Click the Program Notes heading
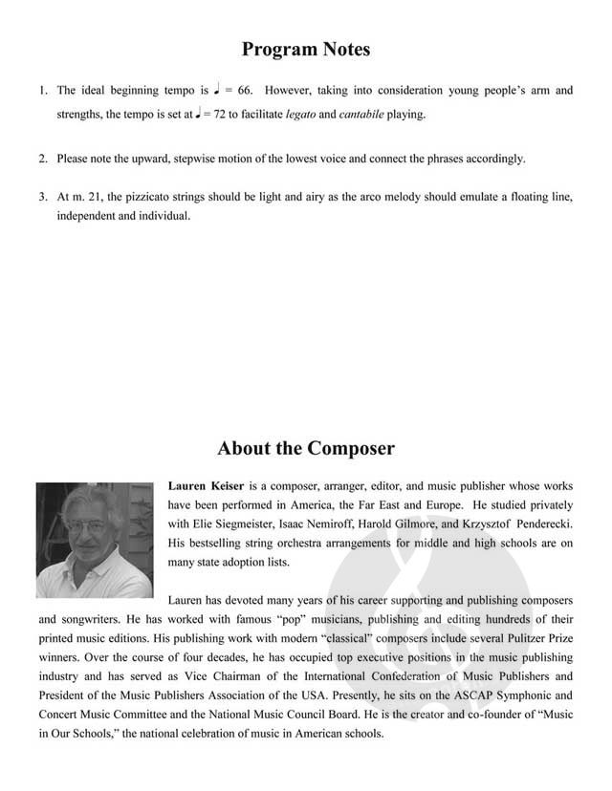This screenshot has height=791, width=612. pos(305,49)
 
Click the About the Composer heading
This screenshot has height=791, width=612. pos(305,448)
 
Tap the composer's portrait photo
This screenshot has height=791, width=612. pos(95,540)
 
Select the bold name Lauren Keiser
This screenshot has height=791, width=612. pos(206,485)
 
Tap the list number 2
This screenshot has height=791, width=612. pos(43,159)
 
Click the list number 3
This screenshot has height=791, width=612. pos(43,197)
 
